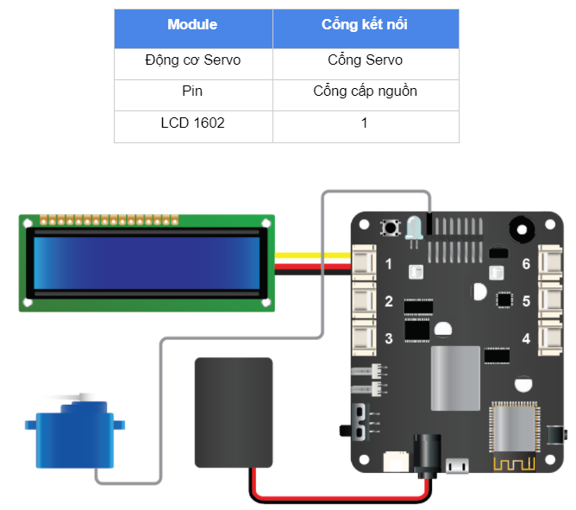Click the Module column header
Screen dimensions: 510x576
[x=192, y=24]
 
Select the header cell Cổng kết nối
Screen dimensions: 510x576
[x=365, y=24]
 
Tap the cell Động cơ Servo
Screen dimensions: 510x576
[x=192, y=60]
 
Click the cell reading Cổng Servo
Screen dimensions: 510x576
[x=365, y=60]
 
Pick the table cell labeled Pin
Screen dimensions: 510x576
[x=192, y=91]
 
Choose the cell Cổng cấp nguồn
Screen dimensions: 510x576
[x=365, y=91]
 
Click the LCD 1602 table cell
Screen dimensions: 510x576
[x=192, y=123]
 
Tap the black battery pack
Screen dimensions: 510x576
[x=233, y=413]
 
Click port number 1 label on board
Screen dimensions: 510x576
[x=389, y=264]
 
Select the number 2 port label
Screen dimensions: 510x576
[x=389, y=301]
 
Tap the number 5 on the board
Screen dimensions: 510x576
[x=526, y=301]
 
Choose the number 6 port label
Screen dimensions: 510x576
[x=526, y=264]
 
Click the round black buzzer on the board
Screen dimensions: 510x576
[x=521, y=229]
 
